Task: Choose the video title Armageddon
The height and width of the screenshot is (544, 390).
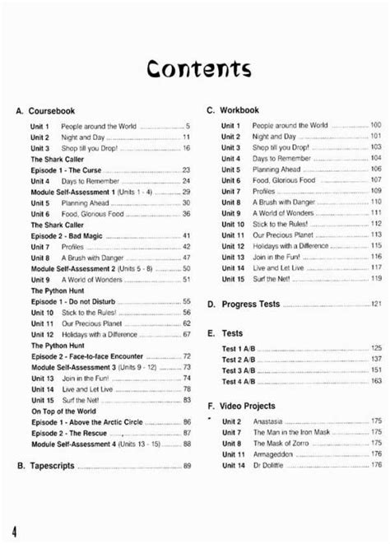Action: pos(274,453)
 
